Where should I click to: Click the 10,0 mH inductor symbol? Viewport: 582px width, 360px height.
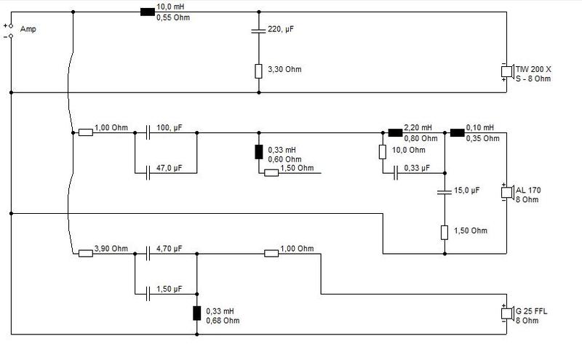coord(148,12)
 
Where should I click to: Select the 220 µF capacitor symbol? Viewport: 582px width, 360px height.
coord(259,31)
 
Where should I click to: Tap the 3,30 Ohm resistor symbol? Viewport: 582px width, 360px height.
coord(259,71)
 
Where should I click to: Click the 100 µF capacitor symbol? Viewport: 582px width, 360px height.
coord(148,132)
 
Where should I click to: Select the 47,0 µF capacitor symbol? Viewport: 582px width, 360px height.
coord(148,173)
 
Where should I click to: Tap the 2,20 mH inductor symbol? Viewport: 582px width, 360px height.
coord(395,132)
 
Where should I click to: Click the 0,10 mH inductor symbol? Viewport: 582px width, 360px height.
coord(458,132)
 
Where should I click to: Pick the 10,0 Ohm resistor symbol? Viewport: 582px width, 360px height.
coord(383,152)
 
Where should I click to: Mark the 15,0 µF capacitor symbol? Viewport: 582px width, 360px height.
coord(445,192)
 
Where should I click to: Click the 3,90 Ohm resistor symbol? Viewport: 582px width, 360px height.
coord(86,254)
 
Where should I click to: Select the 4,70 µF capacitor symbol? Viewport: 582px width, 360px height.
coord(148,254)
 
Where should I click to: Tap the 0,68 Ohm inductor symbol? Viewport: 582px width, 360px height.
coord(196,313)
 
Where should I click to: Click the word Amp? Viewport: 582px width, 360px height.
coord(28,29)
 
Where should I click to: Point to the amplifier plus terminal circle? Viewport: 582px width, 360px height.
coord(11,26)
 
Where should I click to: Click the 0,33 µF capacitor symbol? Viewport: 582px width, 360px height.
coord(395,173)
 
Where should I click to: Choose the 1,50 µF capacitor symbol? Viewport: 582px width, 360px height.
coord(148,294)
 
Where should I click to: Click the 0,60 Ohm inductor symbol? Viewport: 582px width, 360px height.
coord(259,152)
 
